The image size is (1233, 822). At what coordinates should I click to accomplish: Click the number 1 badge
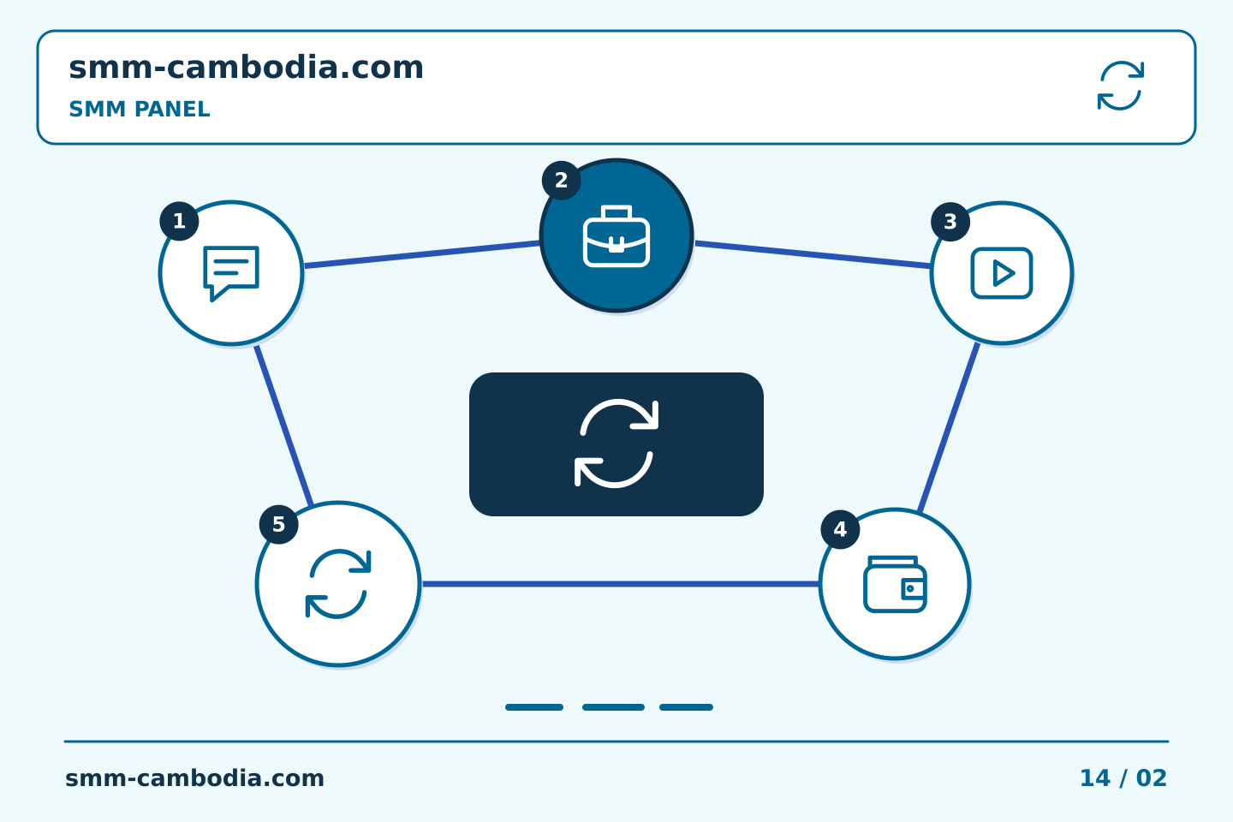180,221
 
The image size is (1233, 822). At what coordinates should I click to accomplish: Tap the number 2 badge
562,181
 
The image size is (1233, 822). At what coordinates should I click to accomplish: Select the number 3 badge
950,222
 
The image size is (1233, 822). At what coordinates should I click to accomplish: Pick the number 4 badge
841,530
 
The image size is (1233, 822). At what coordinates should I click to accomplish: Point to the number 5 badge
279,525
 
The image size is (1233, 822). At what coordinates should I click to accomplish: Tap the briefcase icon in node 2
616,236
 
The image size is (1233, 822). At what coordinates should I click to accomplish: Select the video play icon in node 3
1002,273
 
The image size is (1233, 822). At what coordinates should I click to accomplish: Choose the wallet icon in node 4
895,584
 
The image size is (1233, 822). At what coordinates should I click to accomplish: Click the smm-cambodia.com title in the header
246,68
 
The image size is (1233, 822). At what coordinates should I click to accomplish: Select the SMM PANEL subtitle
140,109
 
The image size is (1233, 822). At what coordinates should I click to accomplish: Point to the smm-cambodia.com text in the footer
194,778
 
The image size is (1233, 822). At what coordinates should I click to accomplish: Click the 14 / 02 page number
1123,778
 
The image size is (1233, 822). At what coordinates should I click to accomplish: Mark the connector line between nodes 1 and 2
422,254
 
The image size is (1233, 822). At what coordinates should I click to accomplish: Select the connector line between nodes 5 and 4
621,584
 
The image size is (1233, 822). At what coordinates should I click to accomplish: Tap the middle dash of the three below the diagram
613,707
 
